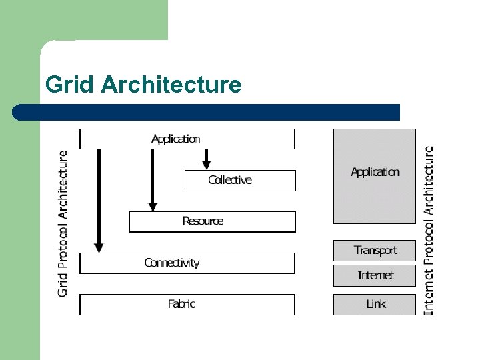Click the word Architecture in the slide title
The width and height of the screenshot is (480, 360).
click(171, 85)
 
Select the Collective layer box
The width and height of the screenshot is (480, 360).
click(240, 181)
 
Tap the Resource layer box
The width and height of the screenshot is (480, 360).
click(212, 222)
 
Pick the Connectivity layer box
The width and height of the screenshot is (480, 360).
click(187, 263)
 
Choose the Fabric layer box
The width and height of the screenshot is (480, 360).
click(187, 305)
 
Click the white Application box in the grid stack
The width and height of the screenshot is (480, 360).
click(187, 139)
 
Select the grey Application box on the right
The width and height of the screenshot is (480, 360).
click(374, 176)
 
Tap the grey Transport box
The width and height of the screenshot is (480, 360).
click(374, 251)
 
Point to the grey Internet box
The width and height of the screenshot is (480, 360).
click(374, 275)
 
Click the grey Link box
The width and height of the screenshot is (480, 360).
click(374, 304)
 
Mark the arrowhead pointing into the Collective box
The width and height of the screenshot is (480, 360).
click(207, 164)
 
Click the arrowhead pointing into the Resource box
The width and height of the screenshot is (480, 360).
click(153, 206)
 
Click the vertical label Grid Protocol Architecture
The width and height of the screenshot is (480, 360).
click(63, 223)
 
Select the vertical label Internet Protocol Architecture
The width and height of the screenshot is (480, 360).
click(429, 230)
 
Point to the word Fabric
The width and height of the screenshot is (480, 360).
click(181, 305)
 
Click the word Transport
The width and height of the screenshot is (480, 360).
click(375, 251)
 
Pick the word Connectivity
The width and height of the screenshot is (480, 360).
click(172, 263)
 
